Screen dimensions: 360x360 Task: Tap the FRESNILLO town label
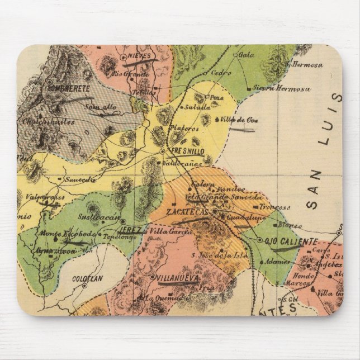[x=182, y=151]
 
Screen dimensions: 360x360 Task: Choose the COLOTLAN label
[x=86, y=277]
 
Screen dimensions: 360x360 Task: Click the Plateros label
[x=185, y=127]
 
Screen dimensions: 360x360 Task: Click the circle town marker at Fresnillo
[x=162, y=151]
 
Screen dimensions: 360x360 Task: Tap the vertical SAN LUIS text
[x=318, y=151]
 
